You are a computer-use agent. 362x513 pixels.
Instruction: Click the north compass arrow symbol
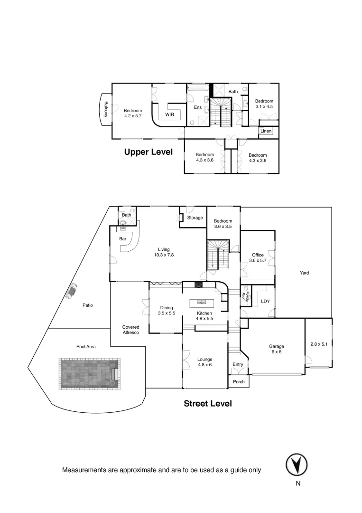pos(296,464)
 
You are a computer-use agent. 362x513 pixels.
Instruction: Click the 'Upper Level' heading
pos(148,152)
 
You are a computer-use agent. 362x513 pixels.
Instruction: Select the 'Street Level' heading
pos(208,404)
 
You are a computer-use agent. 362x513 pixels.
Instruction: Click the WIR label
pos(170,114)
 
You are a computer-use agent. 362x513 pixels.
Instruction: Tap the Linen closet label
pos(266,131)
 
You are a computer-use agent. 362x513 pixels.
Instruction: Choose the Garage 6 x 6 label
pos(276,349)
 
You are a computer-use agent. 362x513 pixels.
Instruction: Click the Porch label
pos(239,381)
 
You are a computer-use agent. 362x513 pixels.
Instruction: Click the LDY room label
pos(265,301)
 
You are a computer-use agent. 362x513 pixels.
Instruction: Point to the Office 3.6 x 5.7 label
pos(258,258)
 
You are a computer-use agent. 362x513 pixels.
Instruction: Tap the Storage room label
pos(195,218)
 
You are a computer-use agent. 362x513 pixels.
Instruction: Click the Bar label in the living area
pos(122,239)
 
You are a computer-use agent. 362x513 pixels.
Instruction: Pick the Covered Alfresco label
pos(130,330)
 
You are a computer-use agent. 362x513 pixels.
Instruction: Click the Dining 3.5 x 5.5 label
pos(166,311)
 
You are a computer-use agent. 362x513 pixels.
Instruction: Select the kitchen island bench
pos(203,302)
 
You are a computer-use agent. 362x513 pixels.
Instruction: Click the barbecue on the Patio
pos(71,290)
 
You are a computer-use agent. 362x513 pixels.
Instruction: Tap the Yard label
pos(304,273)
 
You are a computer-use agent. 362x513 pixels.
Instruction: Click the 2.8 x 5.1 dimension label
pos(319,344)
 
